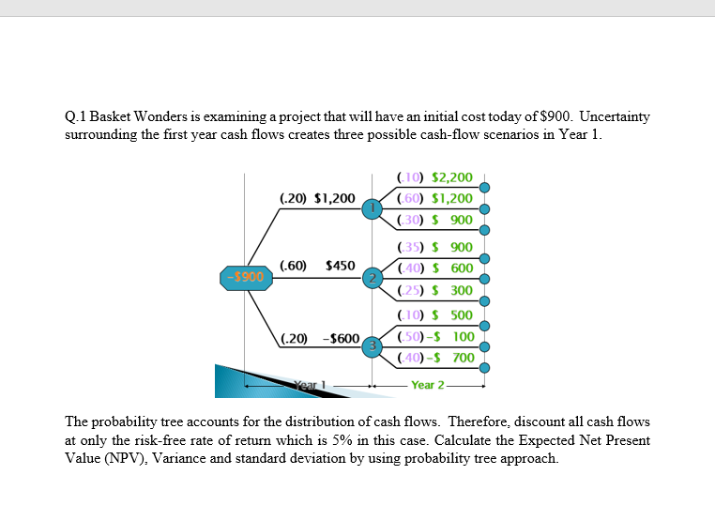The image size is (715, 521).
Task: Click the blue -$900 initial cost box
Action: click(246, 277)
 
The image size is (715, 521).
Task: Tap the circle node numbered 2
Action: click(374, 278)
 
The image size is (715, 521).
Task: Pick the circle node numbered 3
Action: click(374, 346)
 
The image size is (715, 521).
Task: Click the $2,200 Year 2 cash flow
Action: click(452, 176)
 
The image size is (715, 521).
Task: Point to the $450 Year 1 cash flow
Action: click(340, 266)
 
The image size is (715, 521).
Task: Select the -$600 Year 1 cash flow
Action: click(341, 337)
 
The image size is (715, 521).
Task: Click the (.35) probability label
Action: click(411, 248)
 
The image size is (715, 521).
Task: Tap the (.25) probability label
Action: click(411, 290)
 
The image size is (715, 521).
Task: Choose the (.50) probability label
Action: click(411, 336)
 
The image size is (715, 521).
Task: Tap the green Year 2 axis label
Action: click(427, 385)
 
